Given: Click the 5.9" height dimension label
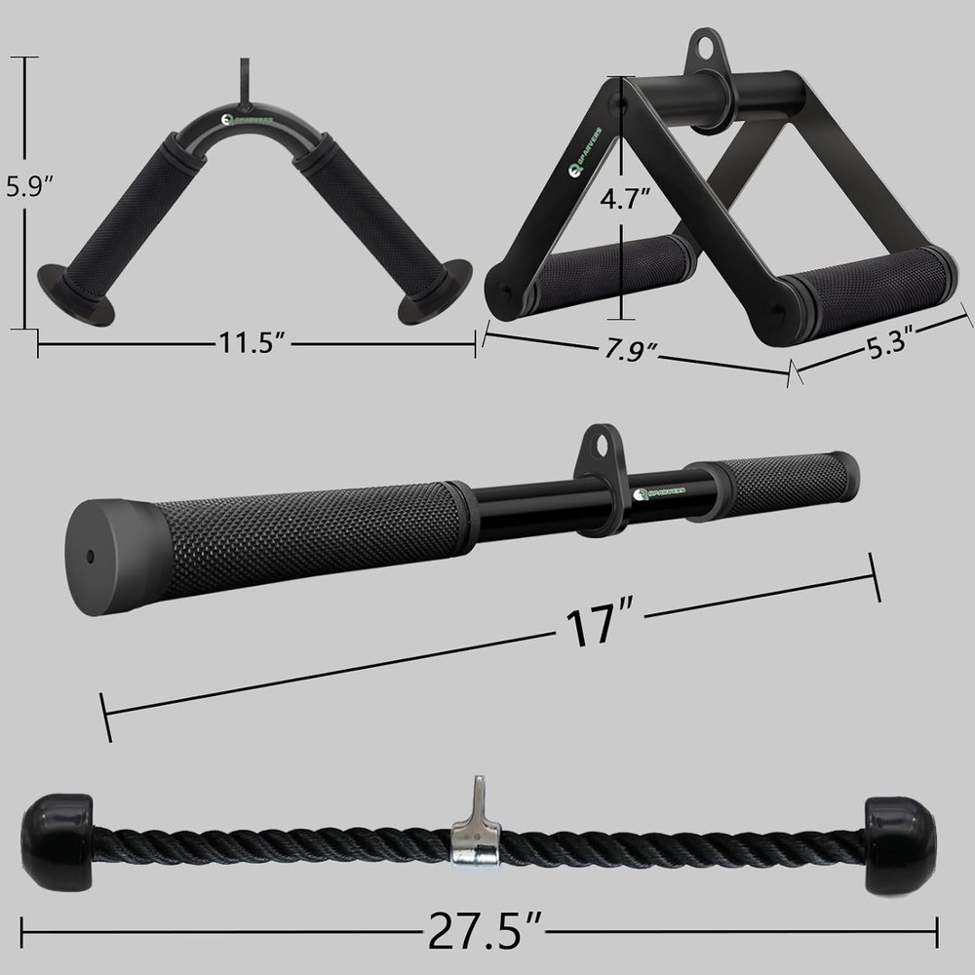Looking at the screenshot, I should pos(26,185).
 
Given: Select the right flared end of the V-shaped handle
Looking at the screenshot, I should pos(435,292).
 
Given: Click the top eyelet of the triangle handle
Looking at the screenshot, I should pos(702,47).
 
